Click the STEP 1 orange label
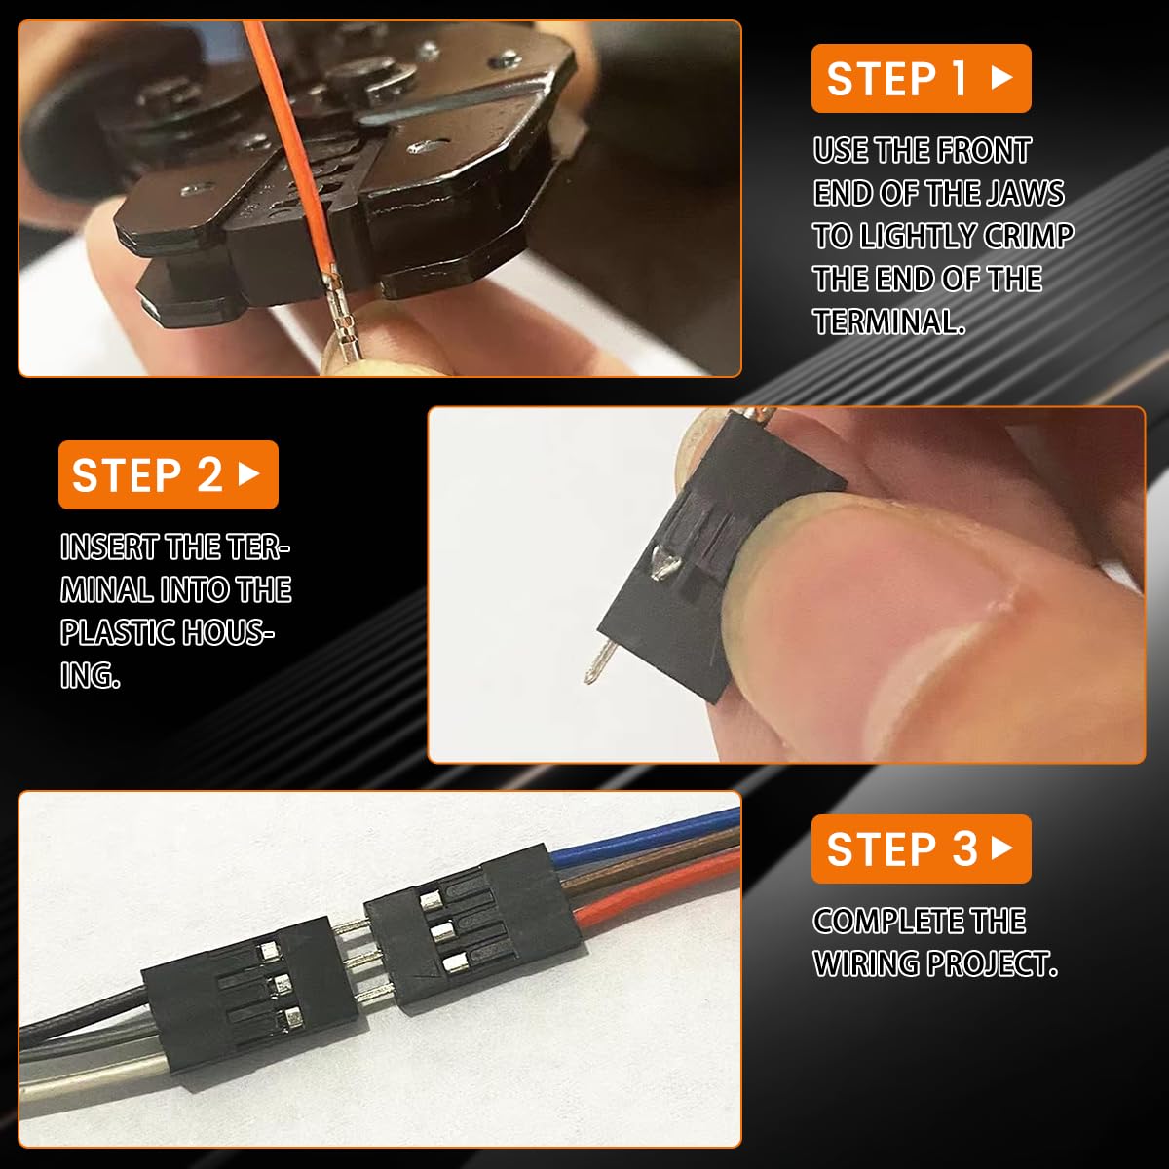point(921,78)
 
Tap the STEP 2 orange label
point(168,475)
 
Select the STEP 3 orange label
point(921,848)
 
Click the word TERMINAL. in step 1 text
point(888,322)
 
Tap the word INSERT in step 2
point(109,547)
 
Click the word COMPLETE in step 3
point(919,922)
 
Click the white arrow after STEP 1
point(1001,78)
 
